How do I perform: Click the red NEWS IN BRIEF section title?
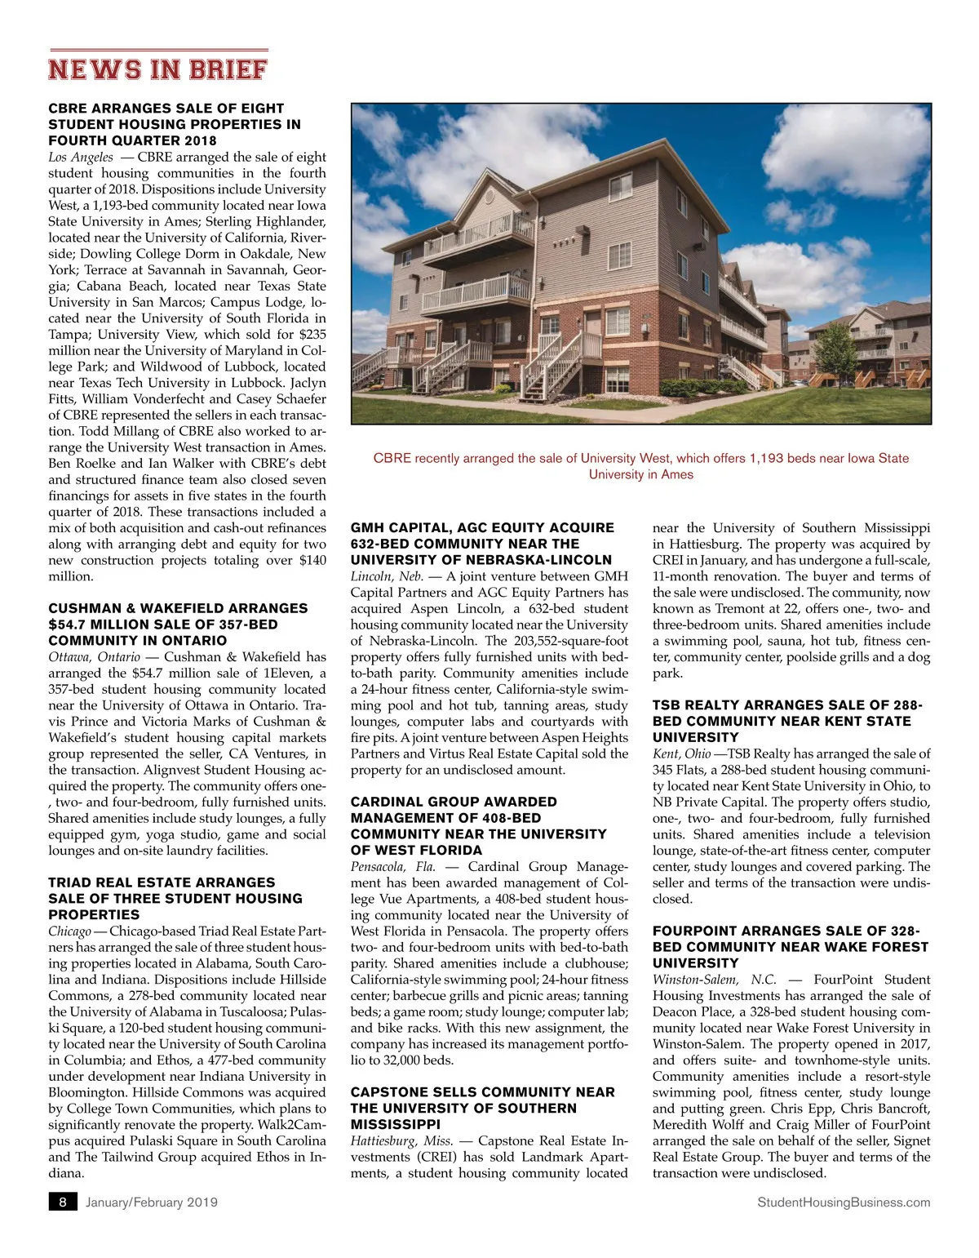[157, 69]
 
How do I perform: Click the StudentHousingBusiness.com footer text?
[844, 1202]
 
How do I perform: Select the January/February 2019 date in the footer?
[152, 1202]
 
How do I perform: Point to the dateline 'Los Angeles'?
[81, 157]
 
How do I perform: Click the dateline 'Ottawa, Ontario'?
[95, 656]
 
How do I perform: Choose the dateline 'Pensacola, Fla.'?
[392, 866]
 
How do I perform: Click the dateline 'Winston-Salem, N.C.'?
[714, 979]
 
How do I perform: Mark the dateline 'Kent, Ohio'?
[681, 753]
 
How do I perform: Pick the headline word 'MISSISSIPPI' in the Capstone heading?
[395, 1124]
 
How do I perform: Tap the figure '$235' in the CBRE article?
[312, 334]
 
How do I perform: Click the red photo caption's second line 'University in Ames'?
[640, 474]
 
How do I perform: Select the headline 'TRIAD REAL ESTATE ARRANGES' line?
[162, 882]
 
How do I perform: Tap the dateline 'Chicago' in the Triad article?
[69, 931]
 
